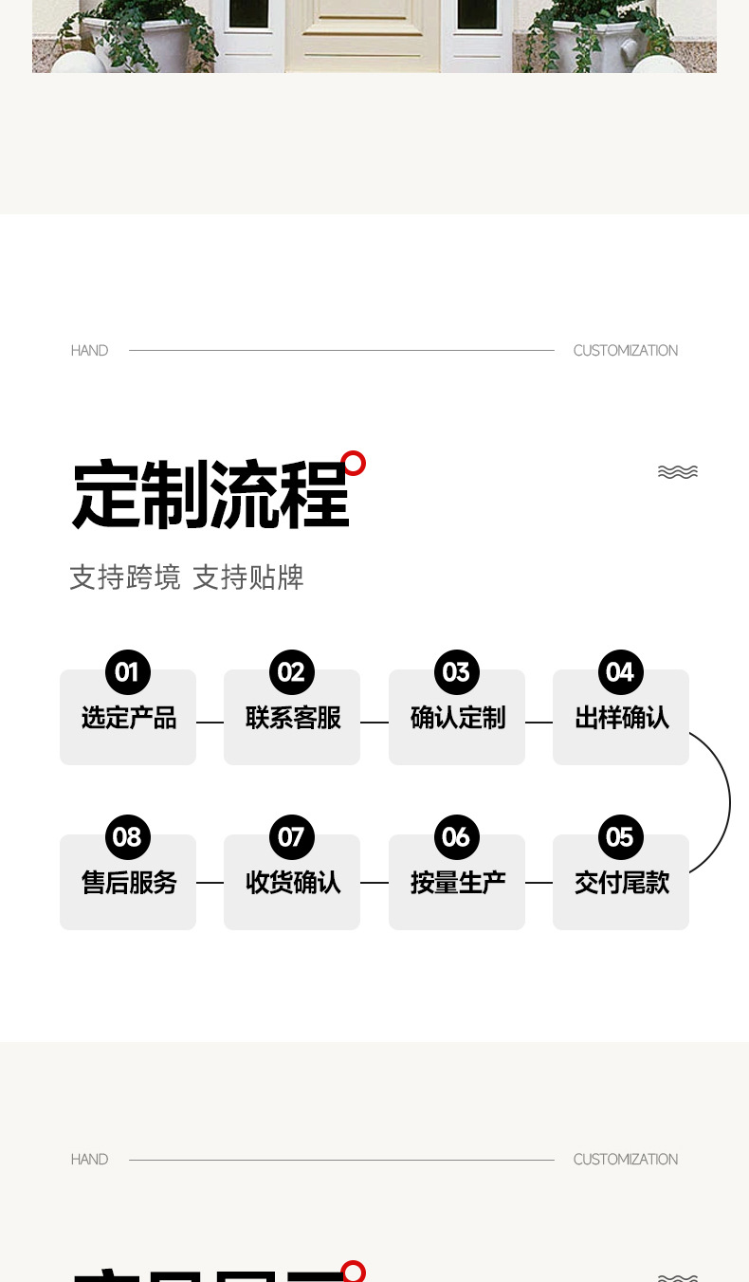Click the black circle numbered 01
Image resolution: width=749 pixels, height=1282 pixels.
coord(128,672)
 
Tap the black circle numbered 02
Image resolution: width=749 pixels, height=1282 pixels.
coord(292,672)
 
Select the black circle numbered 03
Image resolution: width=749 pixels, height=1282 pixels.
coord(457,672)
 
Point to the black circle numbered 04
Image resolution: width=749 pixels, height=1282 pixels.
coord(621,672)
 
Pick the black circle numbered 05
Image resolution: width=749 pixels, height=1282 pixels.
coord(621,837)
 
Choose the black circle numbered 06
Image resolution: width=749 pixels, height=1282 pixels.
coord(457,837)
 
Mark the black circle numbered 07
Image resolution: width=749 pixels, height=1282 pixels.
coord(292,837)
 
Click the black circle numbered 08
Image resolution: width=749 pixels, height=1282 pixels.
coord(128,837)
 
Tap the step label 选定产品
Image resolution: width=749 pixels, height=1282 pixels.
coord(129,719)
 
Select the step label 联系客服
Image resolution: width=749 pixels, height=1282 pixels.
coord(293,719)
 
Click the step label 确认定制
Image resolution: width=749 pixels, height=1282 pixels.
coord(458,719)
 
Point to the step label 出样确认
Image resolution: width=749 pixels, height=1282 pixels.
coord(622,719)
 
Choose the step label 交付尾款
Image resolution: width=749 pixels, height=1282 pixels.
coord(622,884)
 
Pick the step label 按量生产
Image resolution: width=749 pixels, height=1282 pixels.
coord(458,884)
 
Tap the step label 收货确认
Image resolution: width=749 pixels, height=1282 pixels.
coord(293,884)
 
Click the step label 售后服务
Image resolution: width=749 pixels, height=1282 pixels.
coord(129,884)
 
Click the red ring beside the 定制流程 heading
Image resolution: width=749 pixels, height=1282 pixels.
coord(354,463)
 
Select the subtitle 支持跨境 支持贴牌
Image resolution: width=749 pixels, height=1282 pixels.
coord(187,577)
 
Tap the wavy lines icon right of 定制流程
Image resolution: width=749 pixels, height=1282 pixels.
coord(678,472)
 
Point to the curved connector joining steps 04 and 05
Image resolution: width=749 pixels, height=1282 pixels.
coord(729,802)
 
